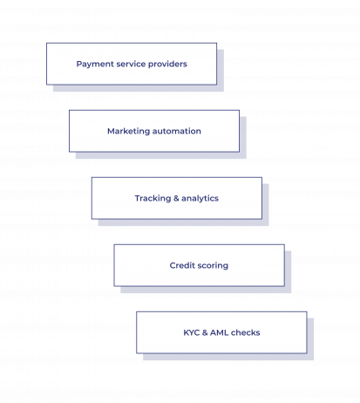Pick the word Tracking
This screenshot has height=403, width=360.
pos(153,199)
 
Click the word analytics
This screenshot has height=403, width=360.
pos(200,199)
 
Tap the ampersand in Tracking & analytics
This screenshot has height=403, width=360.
pos(176,198)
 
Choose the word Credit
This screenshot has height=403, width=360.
pos(182,265)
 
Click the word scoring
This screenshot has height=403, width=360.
pos(213,266)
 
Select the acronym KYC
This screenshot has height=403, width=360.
pos(192,332)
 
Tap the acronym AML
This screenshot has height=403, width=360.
pos(219,332)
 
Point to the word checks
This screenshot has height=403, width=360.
pos(246,332)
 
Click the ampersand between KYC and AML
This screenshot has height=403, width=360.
pos(205,332)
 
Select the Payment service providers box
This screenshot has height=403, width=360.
pos(132,64)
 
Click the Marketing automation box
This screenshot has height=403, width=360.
pos(154,131)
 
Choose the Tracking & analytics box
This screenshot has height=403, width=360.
pos(177,198)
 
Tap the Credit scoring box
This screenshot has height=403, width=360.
pos(199,265)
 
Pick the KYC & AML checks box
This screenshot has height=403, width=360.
pos(221,332)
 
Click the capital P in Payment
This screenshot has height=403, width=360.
pos(78,64)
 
